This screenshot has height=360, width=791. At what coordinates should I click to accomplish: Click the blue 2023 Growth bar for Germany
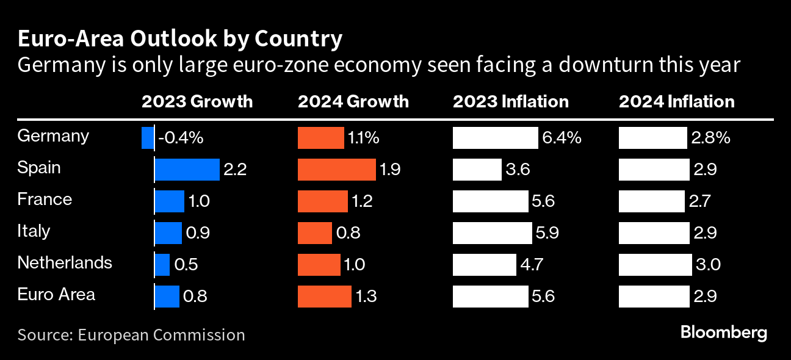(147, 138)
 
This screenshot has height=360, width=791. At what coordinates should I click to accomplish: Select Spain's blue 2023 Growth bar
(187, 170)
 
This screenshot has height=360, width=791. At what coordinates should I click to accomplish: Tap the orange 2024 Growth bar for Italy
(314, 233)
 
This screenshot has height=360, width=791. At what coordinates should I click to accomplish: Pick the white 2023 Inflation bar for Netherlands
(484, 265)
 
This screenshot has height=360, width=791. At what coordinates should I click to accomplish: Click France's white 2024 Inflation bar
(651, 201)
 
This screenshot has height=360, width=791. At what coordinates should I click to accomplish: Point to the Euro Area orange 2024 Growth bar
(325, 297)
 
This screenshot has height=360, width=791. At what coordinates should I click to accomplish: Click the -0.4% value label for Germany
(181, 138)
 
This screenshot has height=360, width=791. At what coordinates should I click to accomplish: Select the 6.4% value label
(561, 138)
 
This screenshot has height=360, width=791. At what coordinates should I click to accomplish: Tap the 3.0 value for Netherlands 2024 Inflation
(707, 265)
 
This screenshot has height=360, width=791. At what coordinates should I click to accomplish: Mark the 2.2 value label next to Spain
(235, 170)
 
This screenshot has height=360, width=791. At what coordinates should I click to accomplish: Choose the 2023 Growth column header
(197, 101)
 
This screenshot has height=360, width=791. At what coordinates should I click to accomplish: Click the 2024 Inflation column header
(676, 101)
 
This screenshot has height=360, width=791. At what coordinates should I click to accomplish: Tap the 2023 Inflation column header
(510, 101)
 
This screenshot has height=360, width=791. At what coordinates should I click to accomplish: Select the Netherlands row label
(65, 262)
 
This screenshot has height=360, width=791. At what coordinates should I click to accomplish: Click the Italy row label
(34, 231)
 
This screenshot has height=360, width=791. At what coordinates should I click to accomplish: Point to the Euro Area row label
(56, 294)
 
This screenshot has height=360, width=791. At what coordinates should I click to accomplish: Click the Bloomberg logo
(723, 333)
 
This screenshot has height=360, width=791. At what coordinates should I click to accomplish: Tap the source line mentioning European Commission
(131, 335)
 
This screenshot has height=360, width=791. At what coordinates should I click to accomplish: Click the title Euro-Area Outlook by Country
(179, 40)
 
